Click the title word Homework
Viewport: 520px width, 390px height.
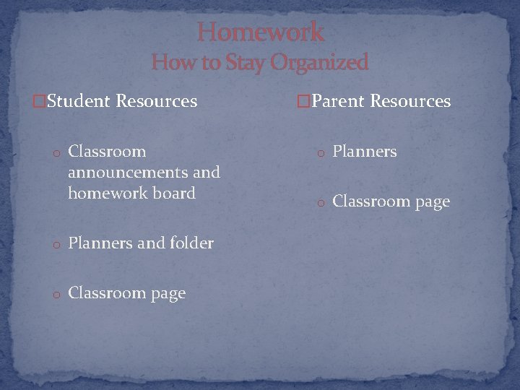click(260, 32)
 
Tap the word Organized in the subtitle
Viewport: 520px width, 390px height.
click(319, 63)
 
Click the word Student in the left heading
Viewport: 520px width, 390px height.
click(79, 101)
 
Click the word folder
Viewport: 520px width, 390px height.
click(191, 243)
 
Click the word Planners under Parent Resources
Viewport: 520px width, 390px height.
click(364, 152)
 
